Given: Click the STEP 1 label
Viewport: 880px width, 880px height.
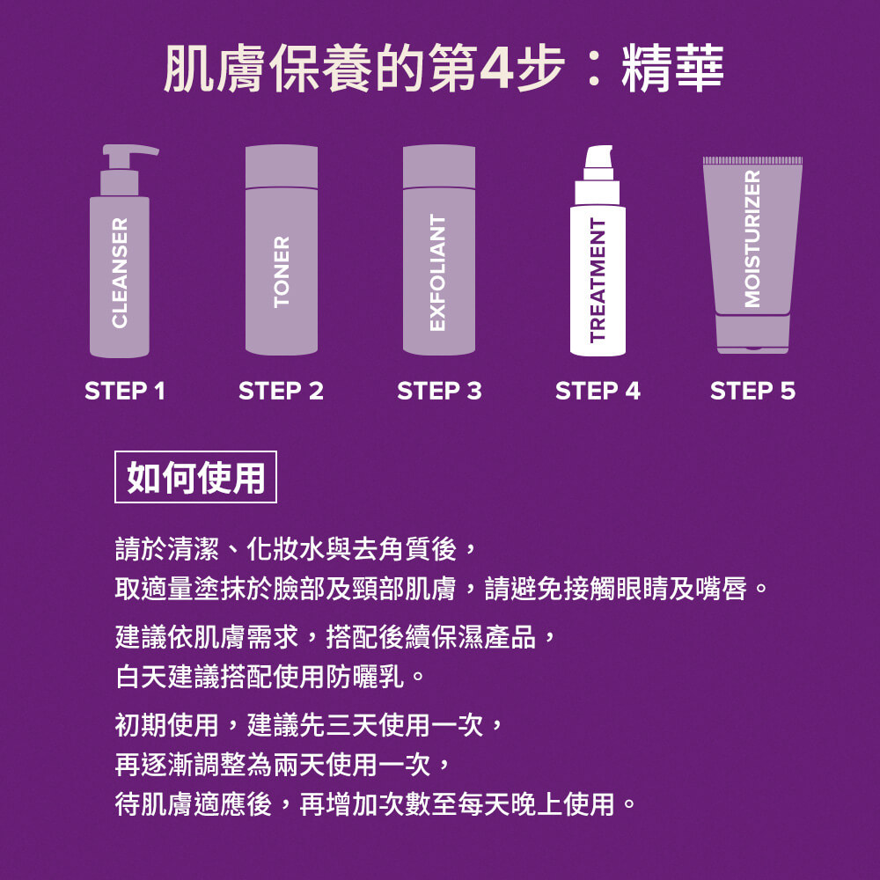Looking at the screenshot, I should pos(124,391).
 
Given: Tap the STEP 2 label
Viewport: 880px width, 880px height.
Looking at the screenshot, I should pos(281,391).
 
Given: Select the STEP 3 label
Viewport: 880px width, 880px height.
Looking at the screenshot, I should pos(439,391).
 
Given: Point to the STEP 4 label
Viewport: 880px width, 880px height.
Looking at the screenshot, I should pos(598,391).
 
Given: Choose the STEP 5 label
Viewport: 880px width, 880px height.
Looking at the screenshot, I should pos(752,391).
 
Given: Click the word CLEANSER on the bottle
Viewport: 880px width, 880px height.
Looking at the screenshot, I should pos(120,274).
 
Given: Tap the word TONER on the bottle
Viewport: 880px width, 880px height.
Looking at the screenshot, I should pos(282,272).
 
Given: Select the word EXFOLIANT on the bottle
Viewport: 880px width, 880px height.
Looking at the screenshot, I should pos(438,273).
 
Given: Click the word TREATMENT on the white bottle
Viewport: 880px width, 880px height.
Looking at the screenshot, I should pos(598,280).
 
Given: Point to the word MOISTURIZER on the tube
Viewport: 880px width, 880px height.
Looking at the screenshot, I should pos(752,239).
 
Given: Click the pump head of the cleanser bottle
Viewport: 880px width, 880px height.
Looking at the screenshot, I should pos(128,153).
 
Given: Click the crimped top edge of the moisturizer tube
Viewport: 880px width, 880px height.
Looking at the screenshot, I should pos(752,160).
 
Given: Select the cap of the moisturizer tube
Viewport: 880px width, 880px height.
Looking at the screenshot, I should pos(752,335).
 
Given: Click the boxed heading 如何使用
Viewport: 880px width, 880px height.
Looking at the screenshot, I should pos(195,477).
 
